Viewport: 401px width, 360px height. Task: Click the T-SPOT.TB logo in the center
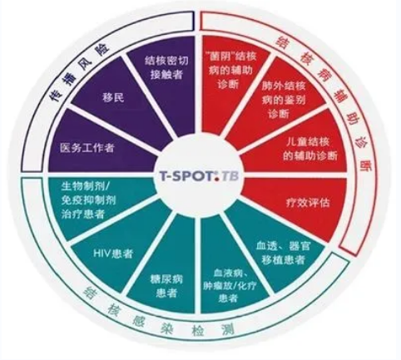pyautogui.click(x=199, y=176)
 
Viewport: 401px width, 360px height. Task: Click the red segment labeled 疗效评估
pyautogui.click(x=300, y=206)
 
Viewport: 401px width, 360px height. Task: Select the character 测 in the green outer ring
pyautogui.click(x=225, y=328)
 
